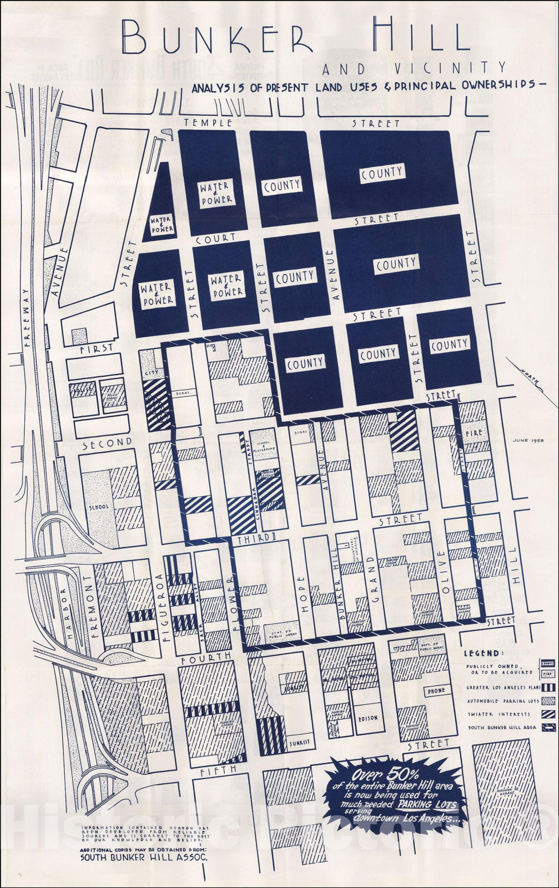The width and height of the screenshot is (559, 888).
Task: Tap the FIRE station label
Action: tap(473, 431)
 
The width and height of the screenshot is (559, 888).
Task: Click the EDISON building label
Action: tap(368, 718)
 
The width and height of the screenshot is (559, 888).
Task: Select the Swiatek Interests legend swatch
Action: tap(547, 714)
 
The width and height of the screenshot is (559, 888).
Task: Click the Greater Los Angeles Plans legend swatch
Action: tap(547, 688)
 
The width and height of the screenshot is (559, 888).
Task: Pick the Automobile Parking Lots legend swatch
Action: tap(547, 701)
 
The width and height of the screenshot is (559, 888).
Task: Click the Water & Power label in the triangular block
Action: tap(162, 224)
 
